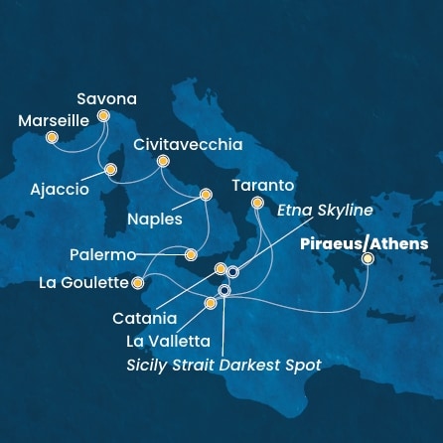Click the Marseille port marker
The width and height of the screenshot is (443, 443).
click(x=53, y=137)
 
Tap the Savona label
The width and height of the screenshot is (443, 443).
click(x=107, y=99)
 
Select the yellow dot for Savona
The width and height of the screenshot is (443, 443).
click(x=103, y=116)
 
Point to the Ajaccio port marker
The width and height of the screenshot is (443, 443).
click(x=111, y=168)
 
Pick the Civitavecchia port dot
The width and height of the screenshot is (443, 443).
click(x=164, y=161)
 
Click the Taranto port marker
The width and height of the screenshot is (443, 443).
click(x=257, y=203)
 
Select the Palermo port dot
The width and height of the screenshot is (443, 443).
click(x=191, y=255)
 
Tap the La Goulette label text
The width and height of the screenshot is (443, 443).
click(x=83, y=283)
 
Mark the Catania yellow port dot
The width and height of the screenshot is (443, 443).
click(x=221, y=269)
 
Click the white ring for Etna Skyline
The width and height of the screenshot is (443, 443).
click(x=232, y=271)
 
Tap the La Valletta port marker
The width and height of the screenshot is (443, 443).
click(x=210, y=303)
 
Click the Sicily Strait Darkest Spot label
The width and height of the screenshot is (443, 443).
click(x=223, y=365)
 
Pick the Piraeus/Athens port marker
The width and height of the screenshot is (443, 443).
click(x=368, y=258)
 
